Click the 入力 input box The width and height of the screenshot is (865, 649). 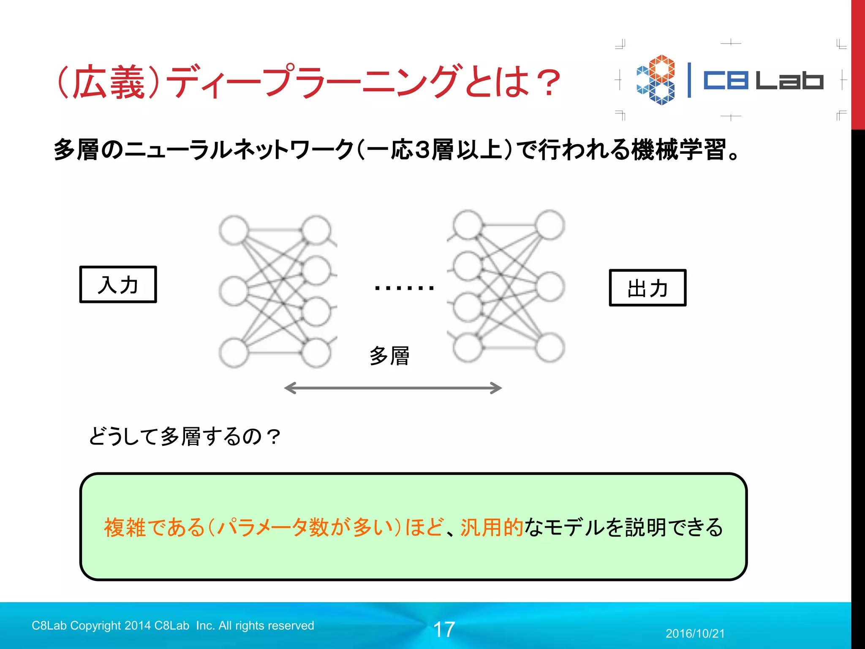[118, 284]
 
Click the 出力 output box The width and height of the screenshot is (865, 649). [647, 288]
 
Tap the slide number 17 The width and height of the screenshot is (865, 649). [444, 630]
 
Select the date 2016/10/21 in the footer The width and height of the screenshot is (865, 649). [695, 633]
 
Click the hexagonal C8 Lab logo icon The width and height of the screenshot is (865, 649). [656, 79]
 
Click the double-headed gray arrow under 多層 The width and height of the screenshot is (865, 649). [393, 388]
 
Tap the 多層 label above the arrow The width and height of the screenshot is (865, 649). [389, 356]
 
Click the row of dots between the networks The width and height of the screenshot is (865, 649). [404, 288]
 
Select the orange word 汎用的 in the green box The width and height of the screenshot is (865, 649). [492, 527]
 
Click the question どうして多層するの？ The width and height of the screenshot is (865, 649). [185, 436]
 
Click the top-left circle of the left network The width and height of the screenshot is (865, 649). [234, 230]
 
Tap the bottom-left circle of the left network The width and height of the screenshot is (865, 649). [234, 353]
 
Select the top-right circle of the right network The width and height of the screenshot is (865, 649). [550, 224]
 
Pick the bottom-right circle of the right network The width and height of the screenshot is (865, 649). [550, 347]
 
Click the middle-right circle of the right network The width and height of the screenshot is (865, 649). [550, 287]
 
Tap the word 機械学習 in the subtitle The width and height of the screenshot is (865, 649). [679, 150]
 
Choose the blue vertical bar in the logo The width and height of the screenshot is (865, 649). [689, 80]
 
